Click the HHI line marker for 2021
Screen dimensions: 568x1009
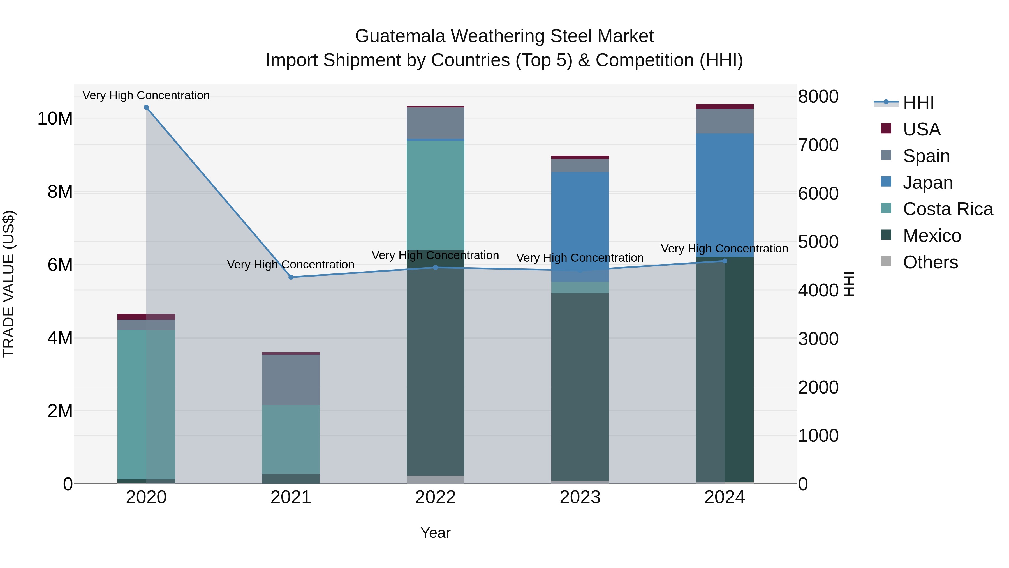(x=291, y=277)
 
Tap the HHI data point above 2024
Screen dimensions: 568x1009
(x=724, y=261)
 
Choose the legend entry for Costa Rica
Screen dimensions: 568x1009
(x=948, y=209)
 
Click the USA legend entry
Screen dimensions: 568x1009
(x=921, y=129)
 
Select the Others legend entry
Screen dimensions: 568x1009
(x=930, y=262)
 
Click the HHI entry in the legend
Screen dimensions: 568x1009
(x=918, y=103)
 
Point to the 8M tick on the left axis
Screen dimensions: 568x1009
(x=60, y=192)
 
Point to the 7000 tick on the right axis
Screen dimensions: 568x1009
(x=818, y=145)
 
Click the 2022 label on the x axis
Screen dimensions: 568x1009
(x=435, y=497)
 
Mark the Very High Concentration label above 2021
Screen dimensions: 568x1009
(x=291, y=265)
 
